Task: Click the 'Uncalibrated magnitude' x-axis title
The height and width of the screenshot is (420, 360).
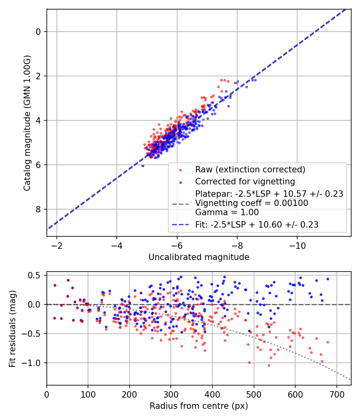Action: (x=199, y=257)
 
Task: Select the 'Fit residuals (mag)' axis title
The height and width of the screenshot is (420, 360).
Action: (x=12, y=328)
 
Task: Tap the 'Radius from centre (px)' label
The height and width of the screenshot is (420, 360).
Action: (x=199, y=406)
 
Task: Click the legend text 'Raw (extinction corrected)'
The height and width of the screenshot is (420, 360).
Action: (x=250, y=169)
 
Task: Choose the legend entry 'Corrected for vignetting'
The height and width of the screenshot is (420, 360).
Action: (x=245, y=182)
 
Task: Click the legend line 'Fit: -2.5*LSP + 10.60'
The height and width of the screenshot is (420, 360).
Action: (x=257, y=225)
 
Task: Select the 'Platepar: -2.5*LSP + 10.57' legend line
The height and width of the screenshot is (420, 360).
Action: (x=269, y=194)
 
